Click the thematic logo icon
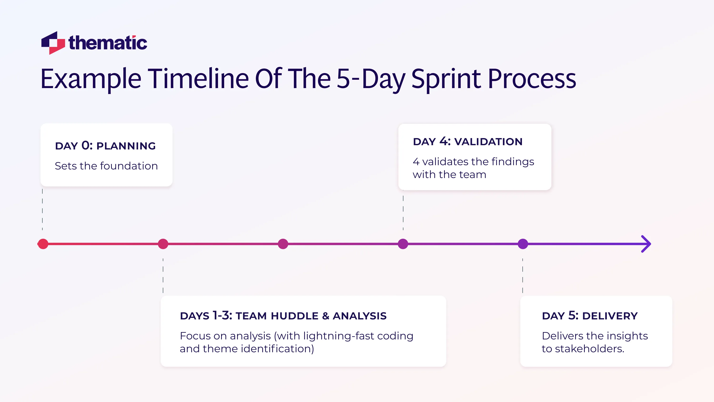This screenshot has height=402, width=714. pos(53,43)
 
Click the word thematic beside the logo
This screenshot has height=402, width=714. pos(108,43)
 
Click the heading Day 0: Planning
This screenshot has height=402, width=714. pos(105,146)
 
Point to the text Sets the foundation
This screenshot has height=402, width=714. pos(106,166)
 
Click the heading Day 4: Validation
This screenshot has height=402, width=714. pos(467,142)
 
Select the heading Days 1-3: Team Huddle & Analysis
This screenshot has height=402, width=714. pos(283,316)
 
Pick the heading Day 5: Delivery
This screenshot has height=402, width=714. pos(590,316)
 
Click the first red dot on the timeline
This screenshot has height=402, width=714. pos(43,244)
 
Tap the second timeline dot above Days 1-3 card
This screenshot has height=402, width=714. pos(163,244)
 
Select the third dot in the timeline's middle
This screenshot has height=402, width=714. pos(283,244)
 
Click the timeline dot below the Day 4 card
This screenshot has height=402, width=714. pos(403,244)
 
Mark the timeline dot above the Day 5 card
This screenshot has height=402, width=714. pos(523,244)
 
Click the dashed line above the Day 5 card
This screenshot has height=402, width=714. pos(522,276)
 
